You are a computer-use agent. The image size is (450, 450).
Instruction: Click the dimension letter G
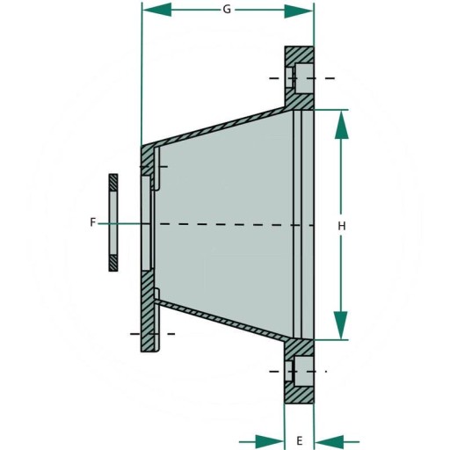(227, 10)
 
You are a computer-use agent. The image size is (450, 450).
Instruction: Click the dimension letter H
(342, 226)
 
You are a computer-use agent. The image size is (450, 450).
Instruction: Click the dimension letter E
(299, 440)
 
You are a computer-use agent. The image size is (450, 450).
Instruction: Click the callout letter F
(92, 222)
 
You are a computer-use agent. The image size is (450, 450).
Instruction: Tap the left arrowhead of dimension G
(156, 10)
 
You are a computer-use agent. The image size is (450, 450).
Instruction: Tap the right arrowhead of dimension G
(299, 11)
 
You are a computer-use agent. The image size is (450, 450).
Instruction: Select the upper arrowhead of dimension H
(341, 124)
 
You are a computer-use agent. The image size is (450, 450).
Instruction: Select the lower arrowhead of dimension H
(341, 325)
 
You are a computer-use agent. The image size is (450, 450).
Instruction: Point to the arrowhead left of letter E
(270, 441)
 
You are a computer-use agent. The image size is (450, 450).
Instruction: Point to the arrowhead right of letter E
(329, 441)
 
